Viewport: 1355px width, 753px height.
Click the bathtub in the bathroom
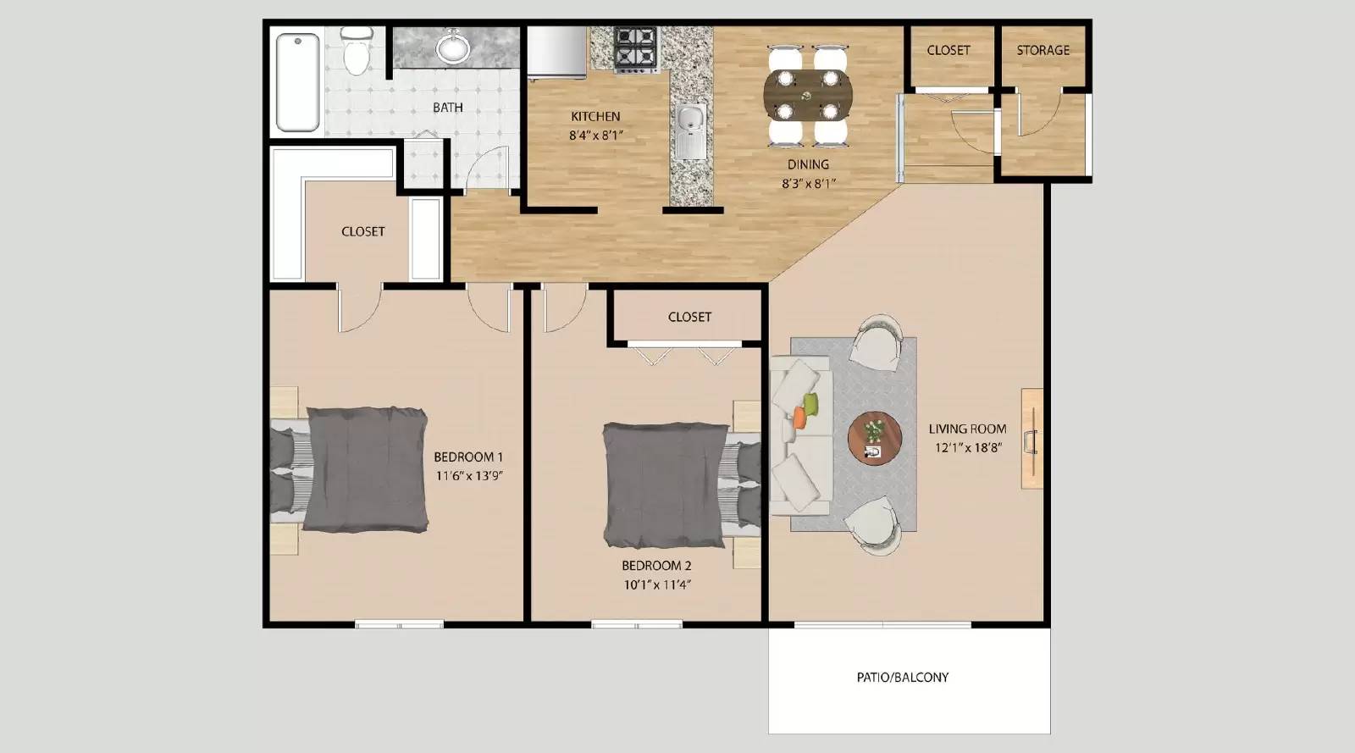pyautogui.click(x=297, y=82)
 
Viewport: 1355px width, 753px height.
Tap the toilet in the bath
pyautogui.click(x=357, y=52)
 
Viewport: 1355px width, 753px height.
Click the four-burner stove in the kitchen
pyautogui.click(x=635, y=49)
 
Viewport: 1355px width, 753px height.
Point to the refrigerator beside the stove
pyautogui.click(x=556, y=52)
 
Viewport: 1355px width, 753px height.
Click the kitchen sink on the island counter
pyautogui.click(x=690, y=127)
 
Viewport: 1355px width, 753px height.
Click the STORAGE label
pyautogui.click(x=1043, y=51)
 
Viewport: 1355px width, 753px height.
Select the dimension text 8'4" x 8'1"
pyautogui.click(x=595, y=135)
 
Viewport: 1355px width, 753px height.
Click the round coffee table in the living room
pyautogui.click(x=875, y=438)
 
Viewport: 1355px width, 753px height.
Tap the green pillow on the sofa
pyautogui.click(x=810, y=403)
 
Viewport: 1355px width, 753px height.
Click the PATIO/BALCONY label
pyautogui.click(x=902, y=678)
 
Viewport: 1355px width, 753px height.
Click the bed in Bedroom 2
pyautogui.click(x=666, y=484)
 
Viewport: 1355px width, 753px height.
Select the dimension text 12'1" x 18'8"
pyautogui.click(x=968, y=448)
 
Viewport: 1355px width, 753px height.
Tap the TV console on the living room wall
pyautogui.click(x=1031, y=438)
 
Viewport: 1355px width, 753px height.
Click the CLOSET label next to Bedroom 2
pyautogui.click(x=689, y=317)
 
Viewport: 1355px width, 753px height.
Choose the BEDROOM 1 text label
pyautogui.click(x=468, y=457)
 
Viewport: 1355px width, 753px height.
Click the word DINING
pyautogui.click(x=808, y=164)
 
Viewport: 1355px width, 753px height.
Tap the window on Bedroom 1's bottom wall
pyautogui.click(x=399, y=625)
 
